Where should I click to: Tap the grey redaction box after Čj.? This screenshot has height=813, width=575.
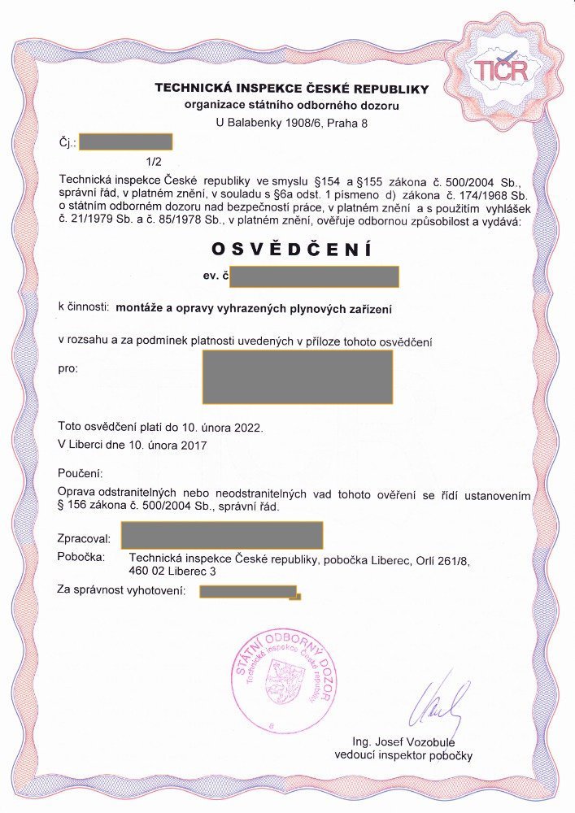(126, 142)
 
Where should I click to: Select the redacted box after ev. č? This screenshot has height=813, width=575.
(315, 276)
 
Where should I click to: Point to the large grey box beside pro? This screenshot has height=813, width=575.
(297, 376)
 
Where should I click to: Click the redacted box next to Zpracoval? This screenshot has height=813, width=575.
(222, 535)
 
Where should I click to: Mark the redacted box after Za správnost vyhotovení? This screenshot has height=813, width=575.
(249, 591)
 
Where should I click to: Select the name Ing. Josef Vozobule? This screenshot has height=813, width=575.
(403, 742)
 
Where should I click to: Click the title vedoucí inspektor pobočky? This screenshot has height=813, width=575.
(403, 756)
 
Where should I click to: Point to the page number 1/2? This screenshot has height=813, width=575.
(154, 161)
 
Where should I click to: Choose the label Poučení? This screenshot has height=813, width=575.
(81, 473)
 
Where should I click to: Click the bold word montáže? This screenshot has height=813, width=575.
(141, 308)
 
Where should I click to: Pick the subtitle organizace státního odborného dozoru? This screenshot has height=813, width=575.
(292, 105)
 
